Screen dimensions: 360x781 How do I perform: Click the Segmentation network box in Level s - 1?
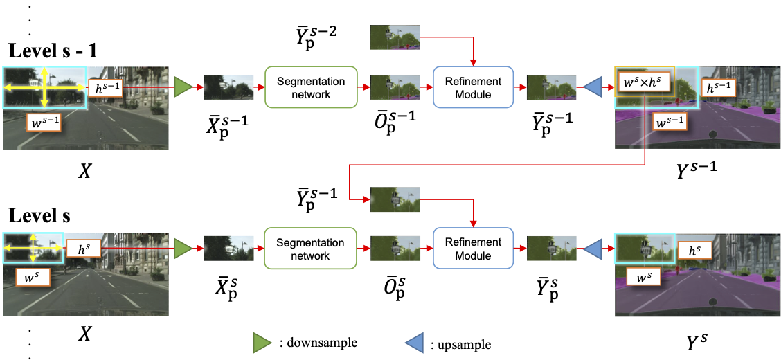[310, 87]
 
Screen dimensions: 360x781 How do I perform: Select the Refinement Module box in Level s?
[468, 249]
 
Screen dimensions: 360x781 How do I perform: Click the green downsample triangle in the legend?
[261, 342]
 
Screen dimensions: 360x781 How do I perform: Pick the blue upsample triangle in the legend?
[414, 342]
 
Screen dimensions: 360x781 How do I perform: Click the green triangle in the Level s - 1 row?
[183, 87]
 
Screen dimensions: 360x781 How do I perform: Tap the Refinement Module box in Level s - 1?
[468, 87]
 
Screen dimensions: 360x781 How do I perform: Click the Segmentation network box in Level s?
[310, 249]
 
